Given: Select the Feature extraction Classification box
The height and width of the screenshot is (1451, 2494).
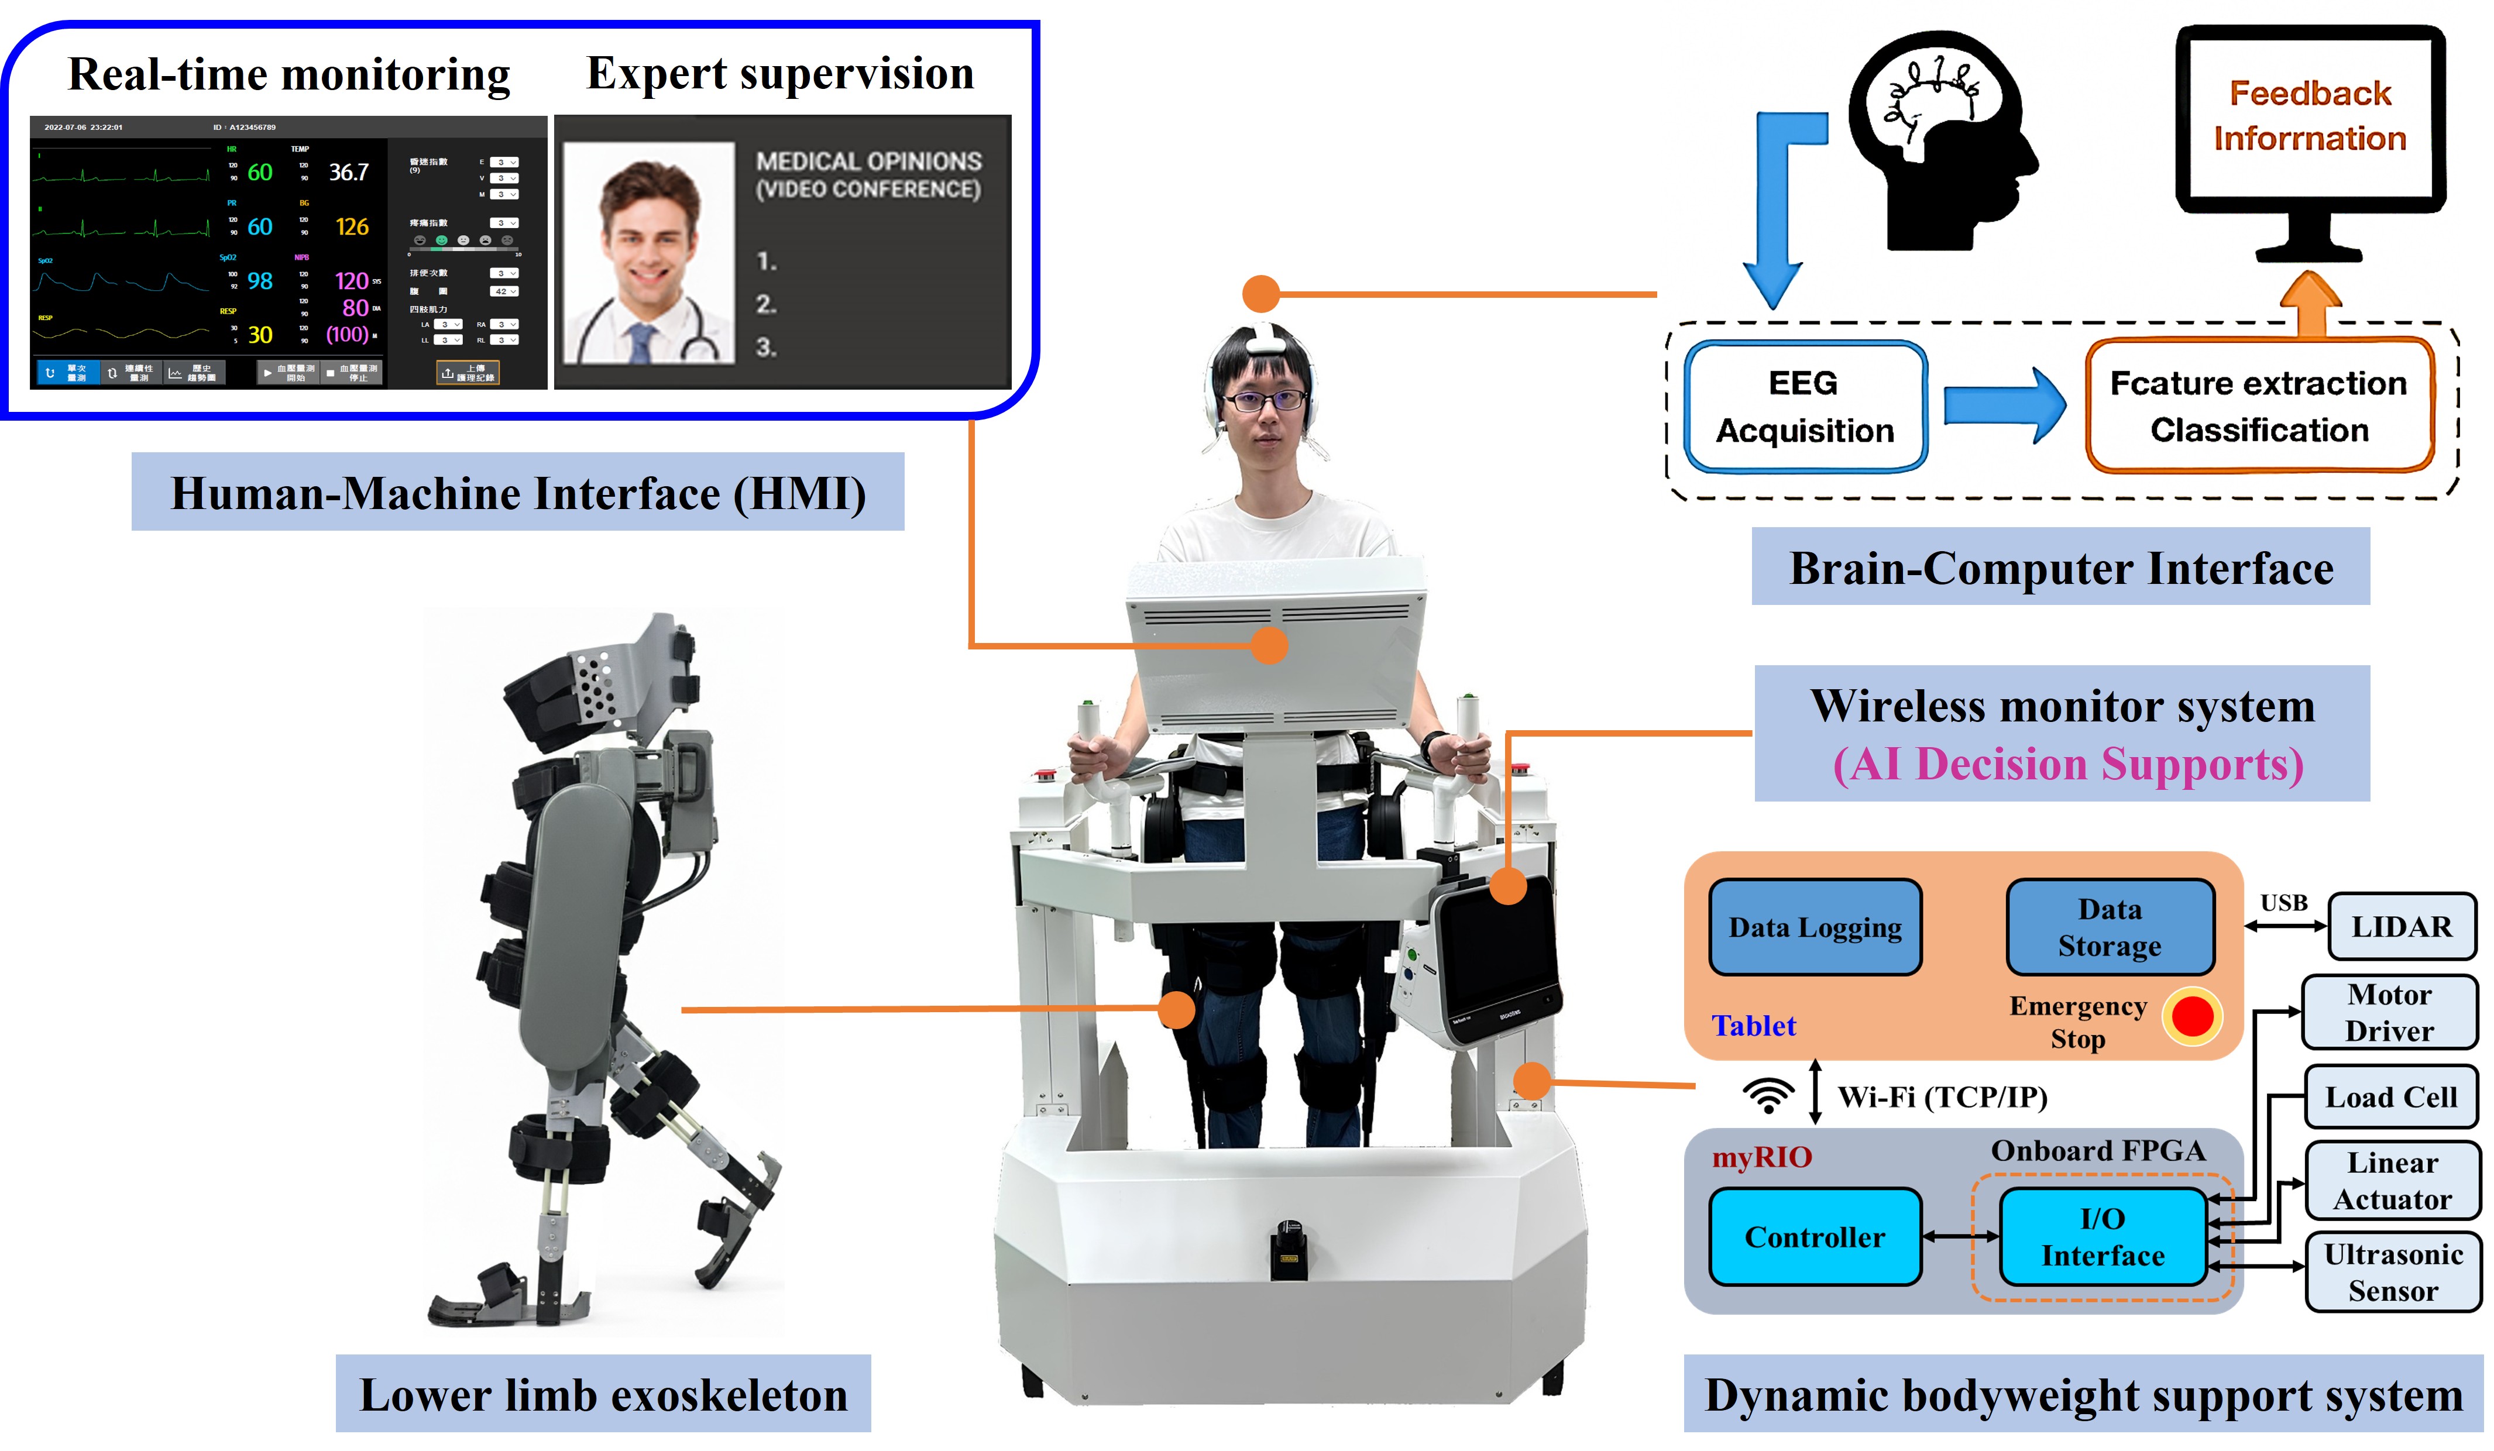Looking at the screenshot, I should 2259,406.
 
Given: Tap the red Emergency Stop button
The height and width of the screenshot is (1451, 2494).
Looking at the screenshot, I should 2192,1016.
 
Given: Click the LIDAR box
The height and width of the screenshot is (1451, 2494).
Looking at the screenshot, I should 2402,926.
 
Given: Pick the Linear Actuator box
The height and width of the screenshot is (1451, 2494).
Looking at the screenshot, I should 2392,1181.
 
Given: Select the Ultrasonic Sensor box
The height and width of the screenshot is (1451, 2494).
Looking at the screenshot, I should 2393,1272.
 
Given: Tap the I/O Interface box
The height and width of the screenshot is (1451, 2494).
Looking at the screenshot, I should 2103,1237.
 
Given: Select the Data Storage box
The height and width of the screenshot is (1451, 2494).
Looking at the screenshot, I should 2110,927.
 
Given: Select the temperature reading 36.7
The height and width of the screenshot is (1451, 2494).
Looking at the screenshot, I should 348,172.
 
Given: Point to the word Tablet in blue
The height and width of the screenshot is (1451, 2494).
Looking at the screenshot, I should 1754,1026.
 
